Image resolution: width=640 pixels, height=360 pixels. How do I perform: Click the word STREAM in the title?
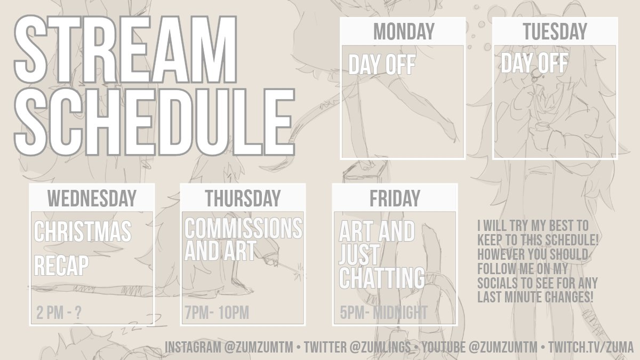coord(125,50)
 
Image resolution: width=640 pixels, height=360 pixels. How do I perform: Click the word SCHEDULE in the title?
coord(154,122)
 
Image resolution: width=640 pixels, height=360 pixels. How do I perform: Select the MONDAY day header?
coord(404,31)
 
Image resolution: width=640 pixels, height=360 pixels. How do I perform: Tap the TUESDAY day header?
coord(555,31)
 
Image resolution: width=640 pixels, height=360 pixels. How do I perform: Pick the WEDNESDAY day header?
coord(92,198)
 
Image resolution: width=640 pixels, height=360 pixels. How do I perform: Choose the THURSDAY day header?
coord(243,198)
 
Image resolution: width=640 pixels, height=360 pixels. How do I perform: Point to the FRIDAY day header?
coord(395,198)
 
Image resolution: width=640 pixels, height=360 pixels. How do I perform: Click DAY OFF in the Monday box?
coord(382,65)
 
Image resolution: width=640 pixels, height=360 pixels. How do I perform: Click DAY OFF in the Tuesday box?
coord(534,63)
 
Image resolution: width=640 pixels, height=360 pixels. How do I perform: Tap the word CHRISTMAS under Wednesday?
coord(83,231)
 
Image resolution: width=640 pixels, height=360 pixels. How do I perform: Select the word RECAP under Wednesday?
coord(61,266)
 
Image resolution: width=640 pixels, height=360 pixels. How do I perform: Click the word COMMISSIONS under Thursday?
coord(243,228)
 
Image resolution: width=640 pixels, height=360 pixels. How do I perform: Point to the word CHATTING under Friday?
coord(382,278)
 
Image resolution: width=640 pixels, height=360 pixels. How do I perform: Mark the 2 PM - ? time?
coord(59,313)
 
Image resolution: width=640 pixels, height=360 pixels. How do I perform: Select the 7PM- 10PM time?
coord(217,313)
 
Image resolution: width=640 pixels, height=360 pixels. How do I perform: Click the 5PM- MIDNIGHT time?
coord(383,313)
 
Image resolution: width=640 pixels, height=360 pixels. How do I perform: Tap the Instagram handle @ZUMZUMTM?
coord(259,347)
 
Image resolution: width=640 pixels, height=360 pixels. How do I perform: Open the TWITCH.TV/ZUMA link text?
coord(591,347)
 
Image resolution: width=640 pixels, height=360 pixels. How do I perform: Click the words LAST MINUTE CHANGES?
coord(535,297)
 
